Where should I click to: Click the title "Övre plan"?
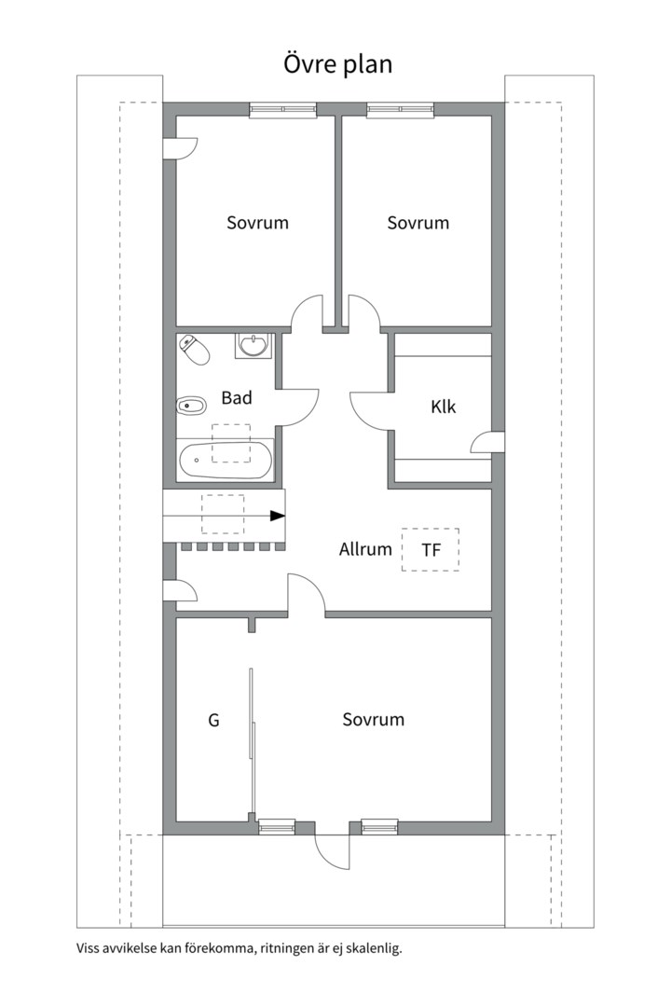[337, 64]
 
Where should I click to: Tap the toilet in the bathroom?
[195, 349]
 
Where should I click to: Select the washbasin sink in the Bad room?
[253, 346]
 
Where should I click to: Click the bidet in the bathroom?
[191, 406]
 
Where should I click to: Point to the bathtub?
[226, 459]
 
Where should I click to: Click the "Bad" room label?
[237, 397]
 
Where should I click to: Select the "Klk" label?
[443, 407]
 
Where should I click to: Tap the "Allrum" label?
[365, 549]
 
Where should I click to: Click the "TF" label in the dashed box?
[431, 550]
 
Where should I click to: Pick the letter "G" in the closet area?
[213, 720]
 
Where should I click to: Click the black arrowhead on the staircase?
[278, 516]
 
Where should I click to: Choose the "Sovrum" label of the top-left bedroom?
[257, 223]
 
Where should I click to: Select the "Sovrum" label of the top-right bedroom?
[418, 223]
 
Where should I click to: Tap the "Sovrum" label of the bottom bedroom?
[373, 719]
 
